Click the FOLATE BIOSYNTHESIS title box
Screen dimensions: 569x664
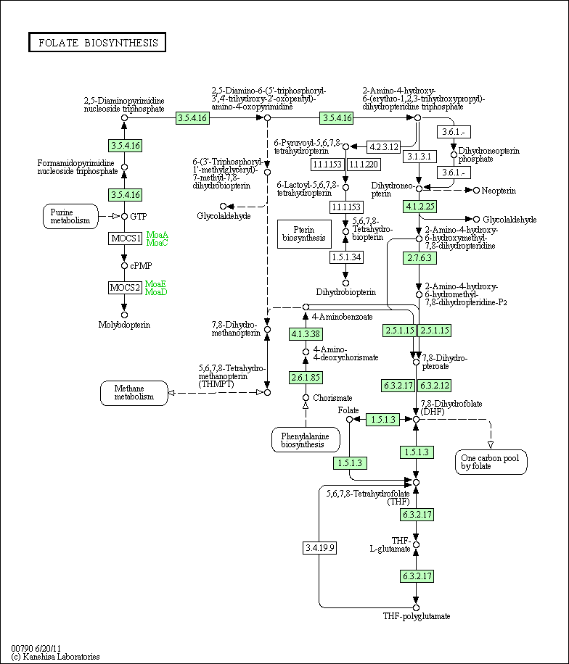(97, 42)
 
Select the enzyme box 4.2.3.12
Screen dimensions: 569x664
(383, 146)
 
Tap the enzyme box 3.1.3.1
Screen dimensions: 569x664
(419, 157)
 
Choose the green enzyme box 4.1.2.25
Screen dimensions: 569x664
(419, 207)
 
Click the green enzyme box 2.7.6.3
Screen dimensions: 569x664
(419, 258)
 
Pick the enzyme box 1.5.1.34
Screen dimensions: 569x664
(346, 257)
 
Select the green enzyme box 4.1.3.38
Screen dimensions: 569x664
(306, 333)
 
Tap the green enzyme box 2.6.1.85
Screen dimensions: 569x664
(306, 378)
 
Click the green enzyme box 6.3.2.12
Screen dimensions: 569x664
(434, 386)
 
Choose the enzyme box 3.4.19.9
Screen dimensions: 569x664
(319, 548)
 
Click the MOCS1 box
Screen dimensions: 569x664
(125, 238)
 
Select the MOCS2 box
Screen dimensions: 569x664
(125, 288)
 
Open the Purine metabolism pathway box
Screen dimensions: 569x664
(70, 217)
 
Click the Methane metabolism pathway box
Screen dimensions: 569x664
(134, 393)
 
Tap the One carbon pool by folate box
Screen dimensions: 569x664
(491, 462)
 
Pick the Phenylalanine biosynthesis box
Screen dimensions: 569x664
(306, 440)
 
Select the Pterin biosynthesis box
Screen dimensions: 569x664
(304, 233)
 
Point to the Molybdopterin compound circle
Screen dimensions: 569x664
(124, 315)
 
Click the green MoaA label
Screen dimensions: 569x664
(157, 235)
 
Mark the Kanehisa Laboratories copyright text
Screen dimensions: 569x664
(56, 657)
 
